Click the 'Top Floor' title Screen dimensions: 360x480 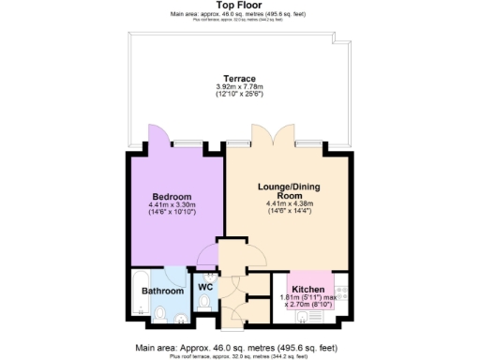(x=239, y=6)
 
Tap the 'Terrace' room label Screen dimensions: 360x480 (x=239, y=78)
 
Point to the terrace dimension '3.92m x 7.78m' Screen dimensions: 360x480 (x=239, y=87)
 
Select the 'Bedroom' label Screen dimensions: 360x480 (x=172, y=196)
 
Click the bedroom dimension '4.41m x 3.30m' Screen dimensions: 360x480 (x=171, y=204)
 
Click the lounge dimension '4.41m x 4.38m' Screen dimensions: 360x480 (x=292, y=205)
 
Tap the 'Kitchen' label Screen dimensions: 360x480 (x=307, y=289)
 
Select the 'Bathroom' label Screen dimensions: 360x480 (x=163, y=292)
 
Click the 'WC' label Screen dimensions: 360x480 (x=205, y=288)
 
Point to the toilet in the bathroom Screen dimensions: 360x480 (x=160, y=313)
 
